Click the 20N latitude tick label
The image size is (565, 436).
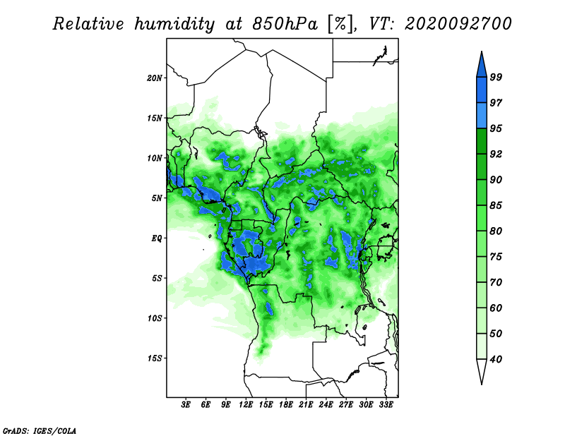click(155, 78)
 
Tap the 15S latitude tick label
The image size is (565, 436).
click(155, 358)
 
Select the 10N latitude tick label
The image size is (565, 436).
click(155, 158)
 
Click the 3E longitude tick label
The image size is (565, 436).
click(186, 405)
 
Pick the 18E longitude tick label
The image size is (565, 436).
click(286, 405)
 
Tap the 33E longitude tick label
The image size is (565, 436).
click(386, 405)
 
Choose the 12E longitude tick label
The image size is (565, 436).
click(246, 405)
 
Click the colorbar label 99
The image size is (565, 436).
click(496, 77)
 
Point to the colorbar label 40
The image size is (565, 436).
click(496, 359)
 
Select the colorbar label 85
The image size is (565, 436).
click(496, 205)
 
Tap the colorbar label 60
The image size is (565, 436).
click(496, 308)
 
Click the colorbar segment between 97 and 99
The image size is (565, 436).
click(482, 90)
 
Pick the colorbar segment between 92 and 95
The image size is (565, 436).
click(482, 142)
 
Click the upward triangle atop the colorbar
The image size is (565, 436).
click(482, 64)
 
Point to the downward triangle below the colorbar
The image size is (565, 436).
click(482, 372)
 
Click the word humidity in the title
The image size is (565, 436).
click(174, 25)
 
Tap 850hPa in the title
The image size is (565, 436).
click(285, 24)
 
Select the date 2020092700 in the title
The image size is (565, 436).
click(458, 24)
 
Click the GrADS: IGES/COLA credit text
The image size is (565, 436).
click(40, 431)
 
